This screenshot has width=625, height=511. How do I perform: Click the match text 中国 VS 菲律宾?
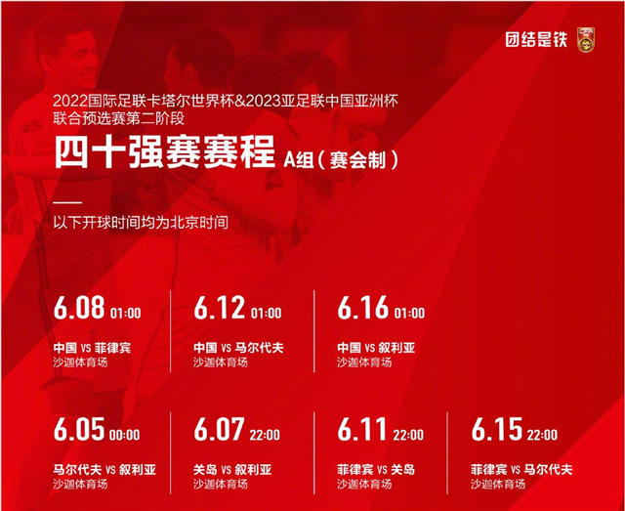click(x=91, y=347)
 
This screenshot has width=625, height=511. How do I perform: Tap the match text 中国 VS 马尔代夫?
click(x=236, y=347)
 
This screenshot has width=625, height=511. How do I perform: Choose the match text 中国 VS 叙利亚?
click(x=375, y=347)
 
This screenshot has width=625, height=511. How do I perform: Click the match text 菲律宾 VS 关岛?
click(x=376, y=469)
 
